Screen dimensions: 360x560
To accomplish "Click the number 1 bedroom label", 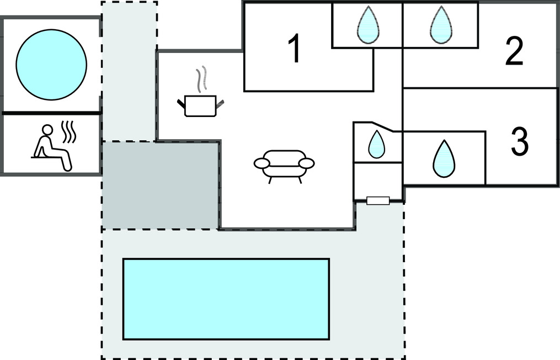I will pos(295,49).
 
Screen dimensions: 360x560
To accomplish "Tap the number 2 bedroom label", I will pos(514,51).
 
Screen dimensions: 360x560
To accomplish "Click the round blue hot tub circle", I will pos(51,65).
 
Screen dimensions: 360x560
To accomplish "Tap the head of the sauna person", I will pos(47,130).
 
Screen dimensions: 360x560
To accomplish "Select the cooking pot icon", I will pos(200,105).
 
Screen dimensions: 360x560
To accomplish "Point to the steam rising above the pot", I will pos(202,78).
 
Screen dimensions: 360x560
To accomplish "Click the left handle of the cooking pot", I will pos(181,103).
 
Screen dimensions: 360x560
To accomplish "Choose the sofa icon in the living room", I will pos(284,165).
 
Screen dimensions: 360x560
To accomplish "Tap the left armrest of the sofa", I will pos(262,163).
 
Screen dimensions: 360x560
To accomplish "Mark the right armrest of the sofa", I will pos(307,163).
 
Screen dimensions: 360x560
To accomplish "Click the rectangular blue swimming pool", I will pos(226,299).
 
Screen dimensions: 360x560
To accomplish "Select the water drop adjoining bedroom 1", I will pos(367,25).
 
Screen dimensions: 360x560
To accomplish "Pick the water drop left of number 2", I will pos(441,25).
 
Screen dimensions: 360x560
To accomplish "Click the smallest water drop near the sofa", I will pos(376,144).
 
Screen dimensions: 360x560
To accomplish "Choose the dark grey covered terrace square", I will pos(160,185).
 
